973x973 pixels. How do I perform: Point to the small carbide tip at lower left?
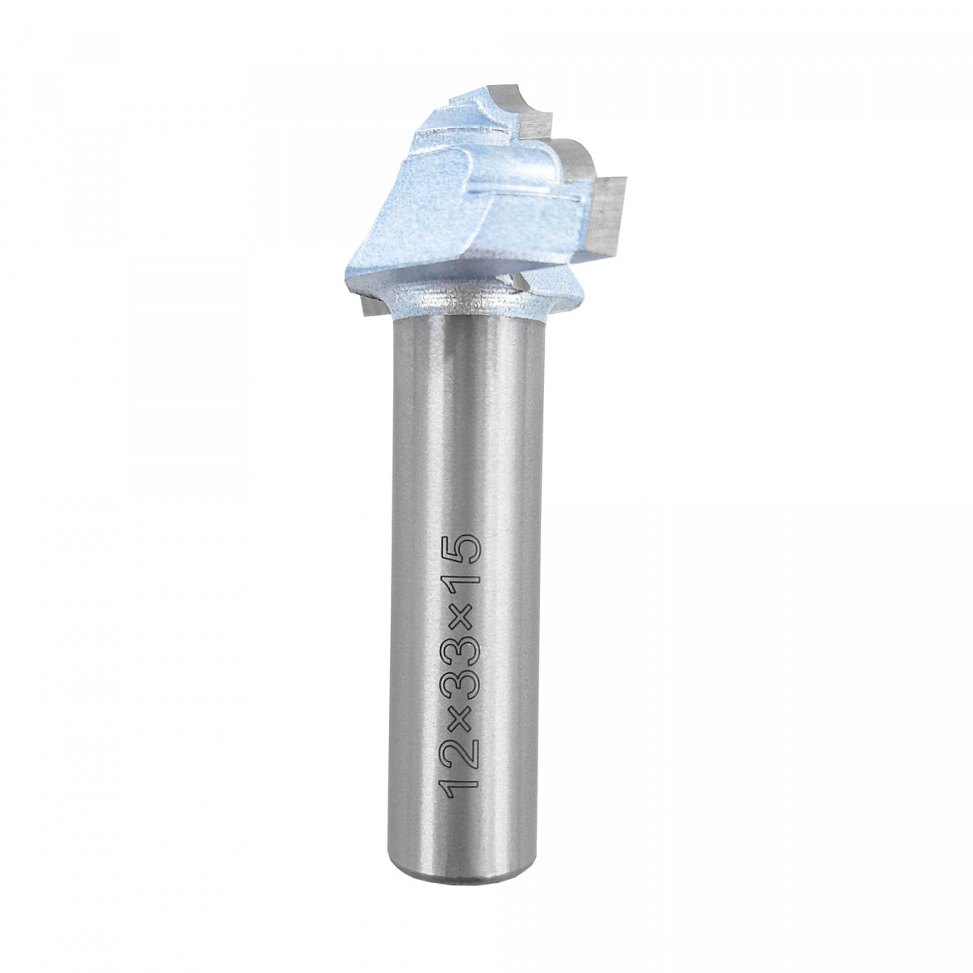(x=371, y=306)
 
